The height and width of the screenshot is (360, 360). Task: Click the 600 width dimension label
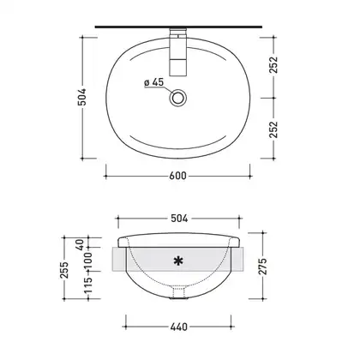(177, 176)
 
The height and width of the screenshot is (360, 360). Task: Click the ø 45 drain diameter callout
(154, 82)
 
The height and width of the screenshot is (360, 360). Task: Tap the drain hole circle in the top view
(178, 98)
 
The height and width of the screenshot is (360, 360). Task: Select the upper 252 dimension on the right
(273, 64)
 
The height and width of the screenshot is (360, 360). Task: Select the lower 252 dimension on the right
(273, 129)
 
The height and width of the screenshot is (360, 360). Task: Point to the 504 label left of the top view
(82, 97)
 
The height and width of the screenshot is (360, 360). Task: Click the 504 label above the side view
(179, 219)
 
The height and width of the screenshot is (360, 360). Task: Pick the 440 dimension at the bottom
(179, 327)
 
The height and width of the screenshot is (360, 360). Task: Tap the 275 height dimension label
(262, 267)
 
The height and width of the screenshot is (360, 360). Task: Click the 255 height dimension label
(65, 270)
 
